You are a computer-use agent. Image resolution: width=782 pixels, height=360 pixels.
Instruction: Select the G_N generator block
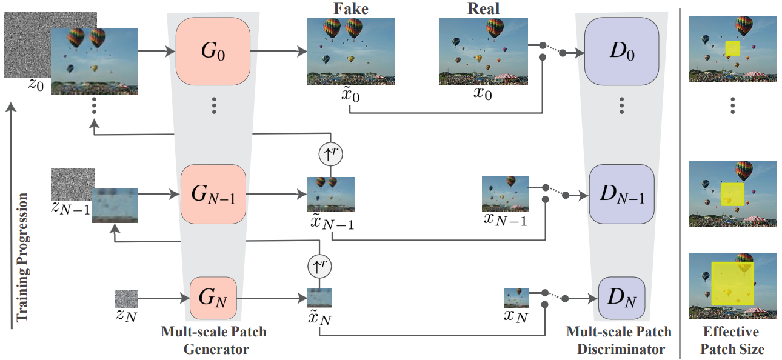(x=213, y=298)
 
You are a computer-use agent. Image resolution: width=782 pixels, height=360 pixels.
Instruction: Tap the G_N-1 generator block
(x=213, y=195)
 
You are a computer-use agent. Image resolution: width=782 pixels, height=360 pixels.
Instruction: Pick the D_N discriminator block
(x=621, y=298)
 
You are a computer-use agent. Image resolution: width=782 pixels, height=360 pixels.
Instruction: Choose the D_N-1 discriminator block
(x=622, y=195)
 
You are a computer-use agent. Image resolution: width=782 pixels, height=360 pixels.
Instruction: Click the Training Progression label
(x=22, y=258)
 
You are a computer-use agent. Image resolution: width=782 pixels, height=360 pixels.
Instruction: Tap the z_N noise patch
(x=126, y=299)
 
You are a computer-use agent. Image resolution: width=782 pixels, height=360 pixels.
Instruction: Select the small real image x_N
(x=516, y=298)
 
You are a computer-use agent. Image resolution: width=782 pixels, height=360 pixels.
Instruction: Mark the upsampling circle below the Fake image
(x=330, y=155)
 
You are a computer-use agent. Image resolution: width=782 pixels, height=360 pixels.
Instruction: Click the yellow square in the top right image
(x=733, y=49)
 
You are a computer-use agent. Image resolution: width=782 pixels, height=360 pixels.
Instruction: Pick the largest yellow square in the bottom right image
(x=733, y=283)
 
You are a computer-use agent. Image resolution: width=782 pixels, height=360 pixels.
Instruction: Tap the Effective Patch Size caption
(x=731, y=341)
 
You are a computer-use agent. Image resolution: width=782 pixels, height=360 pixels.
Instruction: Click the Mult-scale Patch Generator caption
(x=213, y=341)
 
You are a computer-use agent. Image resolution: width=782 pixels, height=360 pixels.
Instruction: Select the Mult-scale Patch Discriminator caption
(x=618, y=341)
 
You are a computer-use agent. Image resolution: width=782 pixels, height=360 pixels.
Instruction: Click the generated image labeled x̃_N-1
(x=330, y=194)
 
